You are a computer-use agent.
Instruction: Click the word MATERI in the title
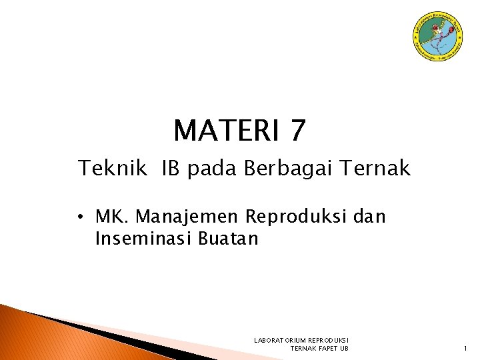pyautogui.click(x=226, y=131)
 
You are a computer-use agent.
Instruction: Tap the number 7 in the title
pyautogui.click(x=298, y=131)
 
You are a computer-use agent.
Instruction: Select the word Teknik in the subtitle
pyautogui.click(x=112, y=169)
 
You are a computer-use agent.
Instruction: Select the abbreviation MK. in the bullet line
pyautogui.click(x=113, y=217)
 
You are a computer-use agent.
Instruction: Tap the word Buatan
pyautogui.click(x=228, y=239)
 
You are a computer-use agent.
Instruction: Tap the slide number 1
pyautogui.click(x=465, y=349)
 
